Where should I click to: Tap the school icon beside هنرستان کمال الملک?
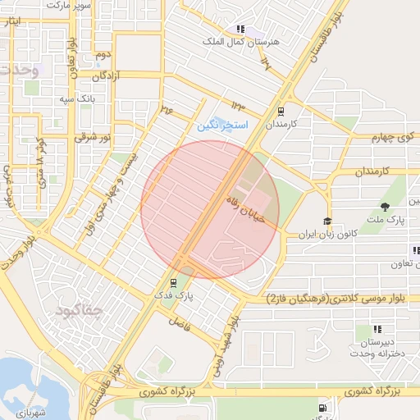[x=240, y=29]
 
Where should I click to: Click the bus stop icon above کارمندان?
[x=281, y=111]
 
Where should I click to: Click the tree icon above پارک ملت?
[x=386, y=206]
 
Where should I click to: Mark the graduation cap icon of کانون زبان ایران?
[x=327, y=221]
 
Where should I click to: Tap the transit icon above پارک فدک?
[x=171, y=282]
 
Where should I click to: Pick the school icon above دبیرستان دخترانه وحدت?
[x=365, y=330]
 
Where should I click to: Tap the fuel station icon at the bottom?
[x=322, y=407]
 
